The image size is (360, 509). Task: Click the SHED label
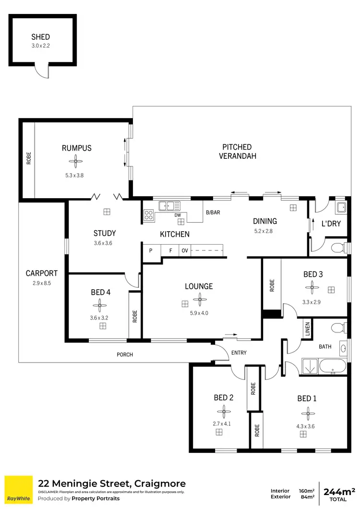(40, 37)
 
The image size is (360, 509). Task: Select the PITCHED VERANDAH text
(237, 151)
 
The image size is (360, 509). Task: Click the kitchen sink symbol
(168, 206)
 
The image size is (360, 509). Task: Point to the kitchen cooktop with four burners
(149, 216)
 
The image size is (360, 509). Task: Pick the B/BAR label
(213, 213)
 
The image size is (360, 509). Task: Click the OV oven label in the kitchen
(184, 250)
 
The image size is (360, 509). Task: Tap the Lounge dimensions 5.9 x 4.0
(199, 313)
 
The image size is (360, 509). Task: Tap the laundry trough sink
(341, 207)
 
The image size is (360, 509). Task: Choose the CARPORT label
(41, 273)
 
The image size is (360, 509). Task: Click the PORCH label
(125, 355)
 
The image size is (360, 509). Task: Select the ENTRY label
(239, 353)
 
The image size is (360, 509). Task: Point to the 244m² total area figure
(338, 491)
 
